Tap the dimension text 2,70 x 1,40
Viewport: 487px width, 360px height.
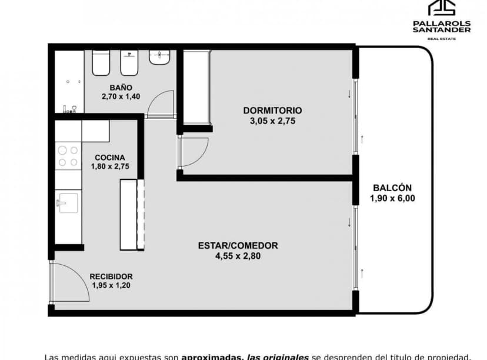(x=121, y=96)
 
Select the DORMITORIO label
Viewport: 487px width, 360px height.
(x=272, y=110)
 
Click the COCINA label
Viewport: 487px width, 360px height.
(x=109, y=157)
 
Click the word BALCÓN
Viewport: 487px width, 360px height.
(x=392, y=188)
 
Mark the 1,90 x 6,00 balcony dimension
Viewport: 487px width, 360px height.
(x=392, y=198)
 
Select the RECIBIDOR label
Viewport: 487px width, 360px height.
(x=111, y=276)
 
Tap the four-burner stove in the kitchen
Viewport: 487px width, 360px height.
(x=68, y=156)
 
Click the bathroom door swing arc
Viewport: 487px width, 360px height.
(x=161, y=103)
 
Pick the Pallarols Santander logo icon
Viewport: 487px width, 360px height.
(x=441, y=9)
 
